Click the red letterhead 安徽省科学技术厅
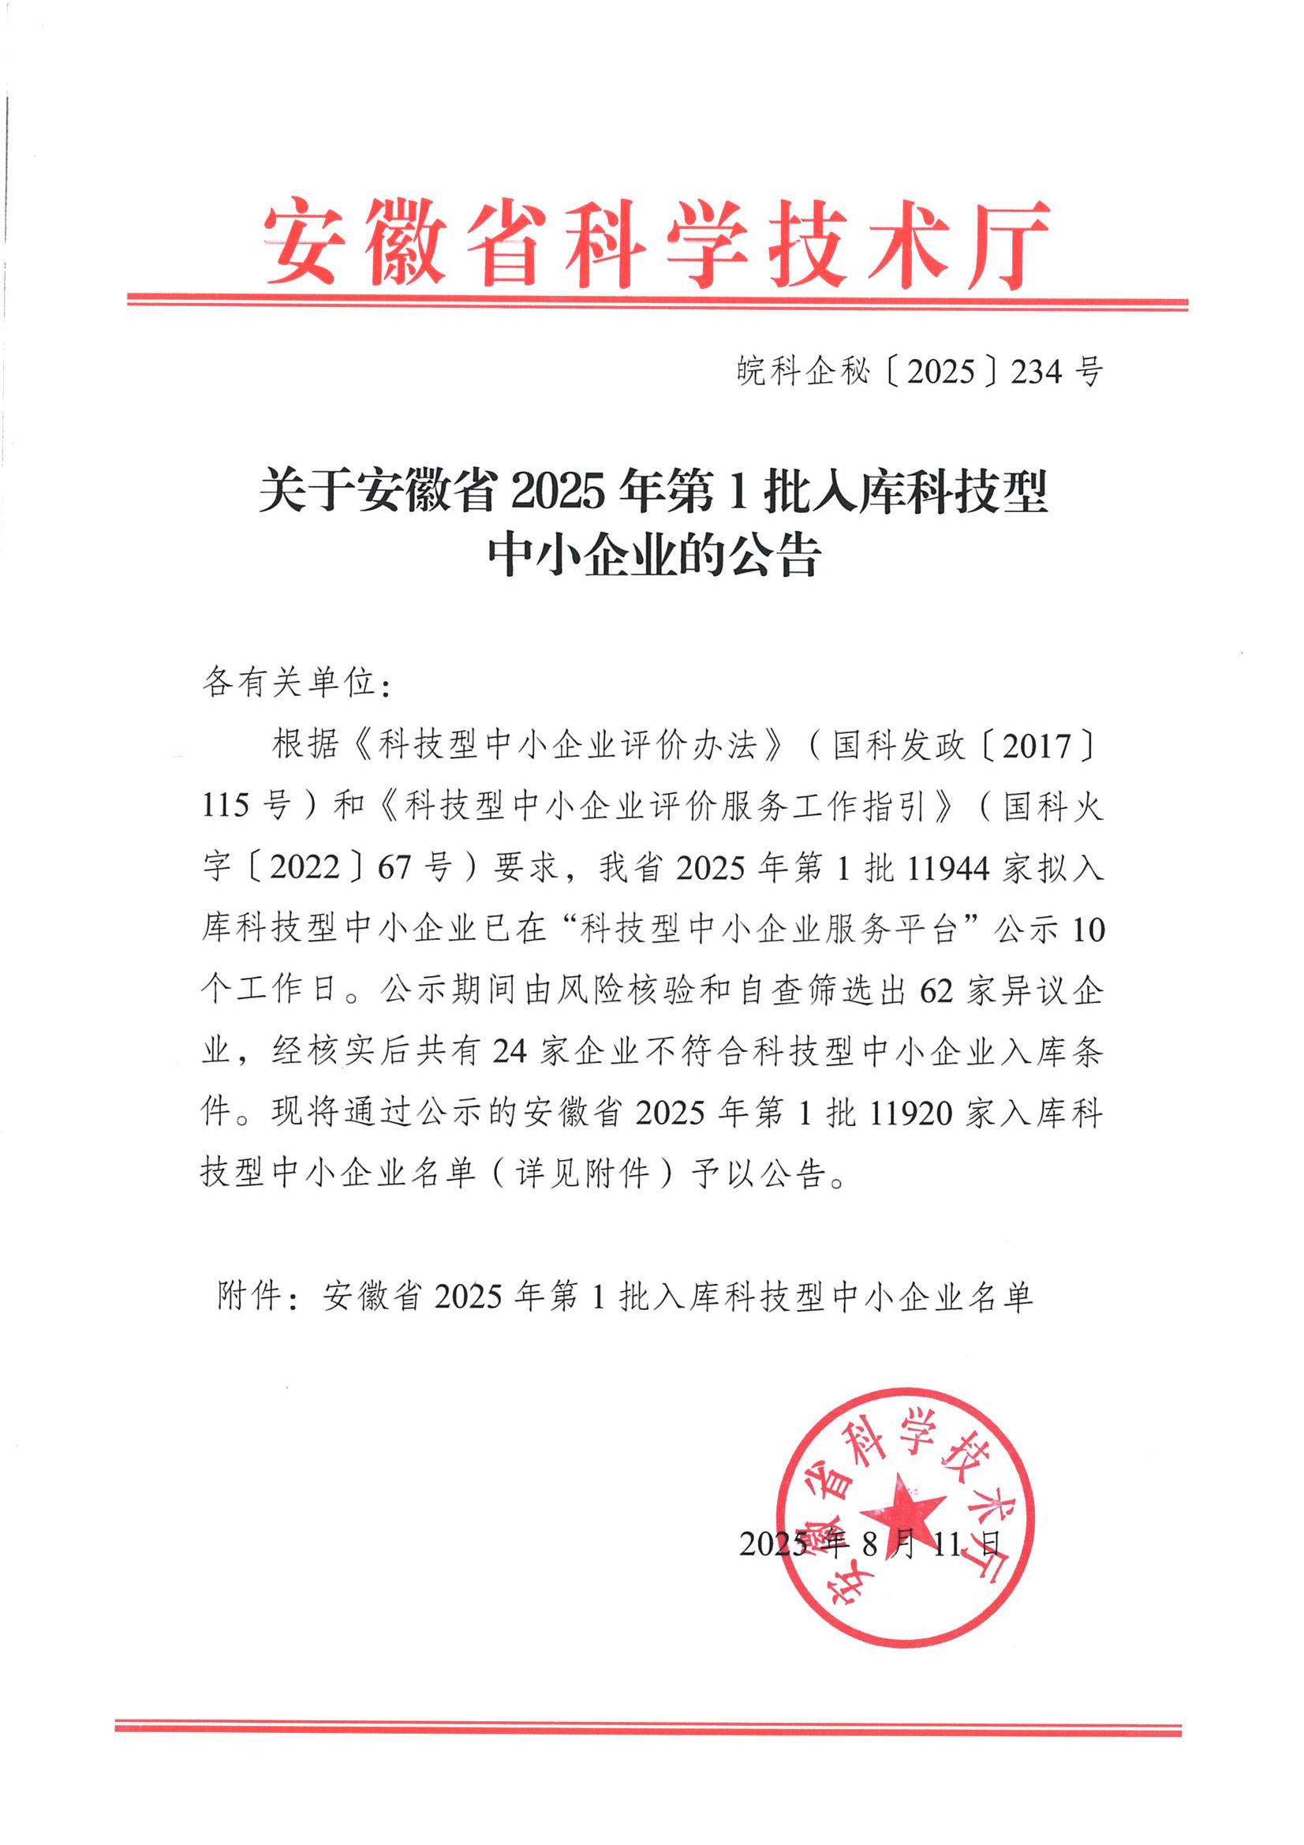(x=656, y=243)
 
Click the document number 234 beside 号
(x=1037, y=371)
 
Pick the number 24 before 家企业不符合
(x=509, y=1052)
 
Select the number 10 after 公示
(x=1088, y=930)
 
